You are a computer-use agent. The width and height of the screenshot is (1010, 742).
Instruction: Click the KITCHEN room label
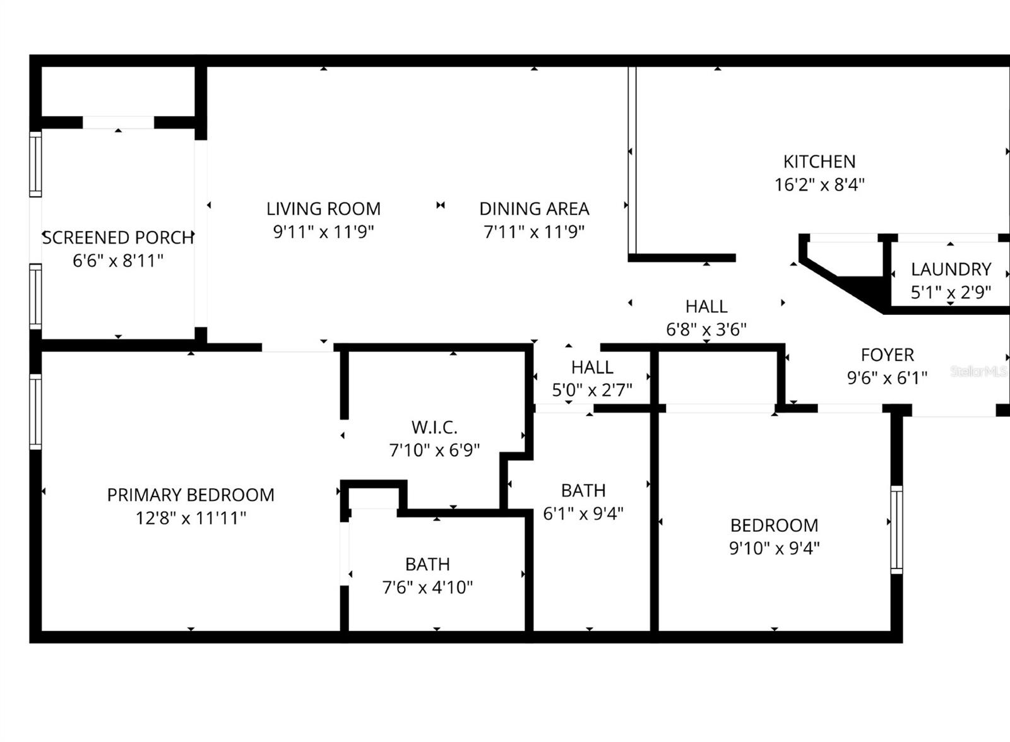pyautogui.click(x=819, y=162)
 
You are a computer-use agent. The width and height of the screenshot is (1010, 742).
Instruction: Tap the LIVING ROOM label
pyautogui.click(x=323, y=209)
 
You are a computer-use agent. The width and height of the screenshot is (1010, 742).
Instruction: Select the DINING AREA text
pyautogui.click(x=534, y=209)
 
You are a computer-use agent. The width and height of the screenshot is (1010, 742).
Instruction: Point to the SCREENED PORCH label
pyautogui.click(x=117, y=238)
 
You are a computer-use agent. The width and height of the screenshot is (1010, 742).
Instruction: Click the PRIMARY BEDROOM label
pyautogui.click(x=191, y=495)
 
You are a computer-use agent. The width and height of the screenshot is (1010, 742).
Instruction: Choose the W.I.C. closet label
pyautogui.click(x=434, y=427)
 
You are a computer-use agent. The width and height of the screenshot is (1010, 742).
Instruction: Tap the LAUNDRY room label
pyautogui.click(x=951, y=269)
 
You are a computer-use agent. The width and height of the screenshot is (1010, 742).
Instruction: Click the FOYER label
pyautogui.click(x=887, y=355)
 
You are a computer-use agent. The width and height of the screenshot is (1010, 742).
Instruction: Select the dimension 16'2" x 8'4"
pyautogui.click(x=819, y=185)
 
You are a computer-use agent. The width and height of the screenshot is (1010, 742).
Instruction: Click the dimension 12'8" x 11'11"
pyautogui.click(x=191, y=518)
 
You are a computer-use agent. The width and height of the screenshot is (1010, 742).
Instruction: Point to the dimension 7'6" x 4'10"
pyautogui.click(x=427, y=587)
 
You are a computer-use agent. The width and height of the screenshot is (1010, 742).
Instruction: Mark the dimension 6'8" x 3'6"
pyautogui.click(x=706, y=329)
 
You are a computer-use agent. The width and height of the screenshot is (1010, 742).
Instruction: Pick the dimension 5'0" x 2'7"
pyautogui.click(x=591, y=390)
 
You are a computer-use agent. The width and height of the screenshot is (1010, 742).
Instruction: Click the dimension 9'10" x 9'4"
pyautogui.click(x=774, y=548)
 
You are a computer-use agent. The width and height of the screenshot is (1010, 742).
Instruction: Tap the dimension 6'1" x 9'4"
pyautogui.click(x=583, y=513)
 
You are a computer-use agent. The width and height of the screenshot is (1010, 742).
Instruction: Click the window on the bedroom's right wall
pyautogui.click(x=896, y=529)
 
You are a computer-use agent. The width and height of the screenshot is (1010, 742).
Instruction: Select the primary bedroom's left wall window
pyautogui.click(x=35, y=412)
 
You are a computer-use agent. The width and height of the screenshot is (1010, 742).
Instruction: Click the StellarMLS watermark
pyautogui.click(x=978, y=372)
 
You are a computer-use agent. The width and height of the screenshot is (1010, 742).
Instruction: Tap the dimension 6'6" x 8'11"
pyautogui.click(x=117, y=261)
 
